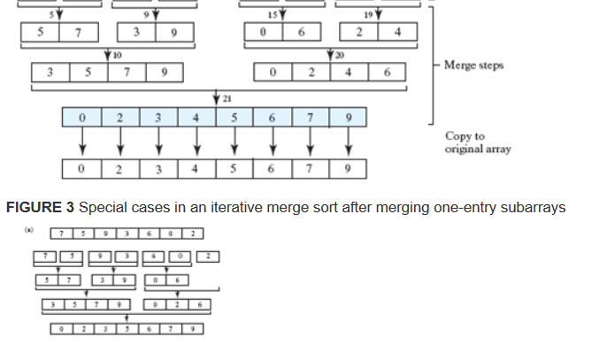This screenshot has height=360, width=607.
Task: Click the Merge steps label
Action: tap(473, 66)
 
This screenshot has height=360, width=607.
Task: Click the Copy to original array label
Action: tap(478, 142)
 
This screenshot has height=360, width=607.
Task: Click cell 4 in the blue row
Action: tap(196, 117)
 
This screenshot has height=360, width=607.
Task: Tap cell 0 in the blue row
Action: tap(82, 117)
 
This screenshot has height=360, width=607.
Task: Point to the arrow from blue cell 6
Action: tap(272, 141)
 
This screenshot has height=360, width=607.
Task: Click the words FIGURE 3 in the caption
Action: tap(40, 208)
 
